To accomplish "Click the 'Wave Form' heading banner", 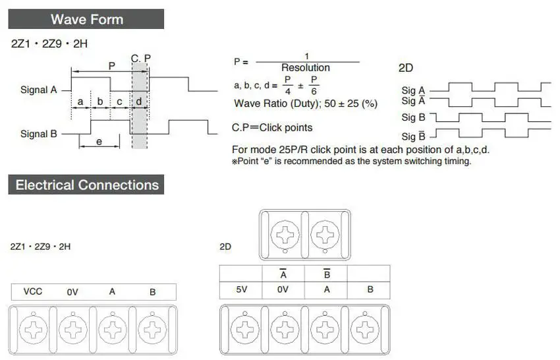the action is pos(86,19).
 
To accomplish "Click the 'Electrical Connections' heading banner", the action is pos(86,185).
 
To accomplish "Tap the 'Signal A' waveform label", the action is pos(39,90).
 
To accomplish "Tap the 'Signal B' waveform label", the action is pos(39,134).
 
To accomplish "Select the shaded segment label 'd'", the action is pos(139,102).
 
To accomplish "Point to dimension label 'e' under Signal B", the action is pos(99,142).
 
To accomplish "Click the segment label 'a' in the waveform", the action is pos(80,102).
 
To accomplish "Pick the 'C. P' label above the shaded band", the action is pos(141,58).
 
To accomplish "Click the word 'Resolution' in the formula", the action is pos(305,67).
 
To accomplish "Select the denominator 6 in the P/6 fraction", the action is pos(314,92).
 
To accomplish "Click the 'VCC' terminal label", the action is pos(33,291).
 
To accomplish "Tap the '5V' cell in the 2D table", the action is pos(241,289).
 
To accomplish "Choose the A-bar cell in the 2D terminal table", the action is pos(283,274).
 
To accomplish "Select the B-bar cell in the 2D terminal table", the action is pos(327,274).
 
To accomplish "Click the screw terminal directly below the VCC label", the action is pos(33,329).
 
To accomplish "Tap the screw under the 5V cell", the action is pos(245,329).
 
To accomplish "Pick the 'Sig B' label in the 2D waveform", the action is pos(413,117).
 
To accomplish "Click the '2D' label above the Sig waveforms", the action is pos(406,68).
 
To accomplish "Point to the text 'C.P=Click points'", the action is pos(272,128).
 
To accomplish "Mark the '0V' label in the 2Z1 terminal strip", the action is pos(72,292).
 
